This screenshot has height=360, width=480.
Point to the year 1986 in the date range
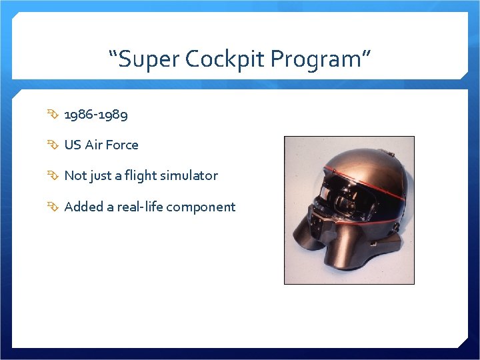click(x=79, y=115)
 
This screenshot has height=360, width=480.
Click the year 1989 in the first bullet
click(x=113, y=115)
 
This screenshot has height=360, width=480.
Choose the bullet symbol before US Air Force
click(x=54, y=145)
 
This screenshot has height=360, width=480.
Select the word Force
click(x=123, y=145)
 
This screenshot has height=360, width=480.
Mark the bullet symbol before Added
click(x=54, y=207)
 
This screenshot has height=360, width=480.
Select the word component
click(x=201, y=207)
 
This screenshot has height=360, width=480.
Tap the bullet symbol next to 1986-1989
click(x=54, y=115)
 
